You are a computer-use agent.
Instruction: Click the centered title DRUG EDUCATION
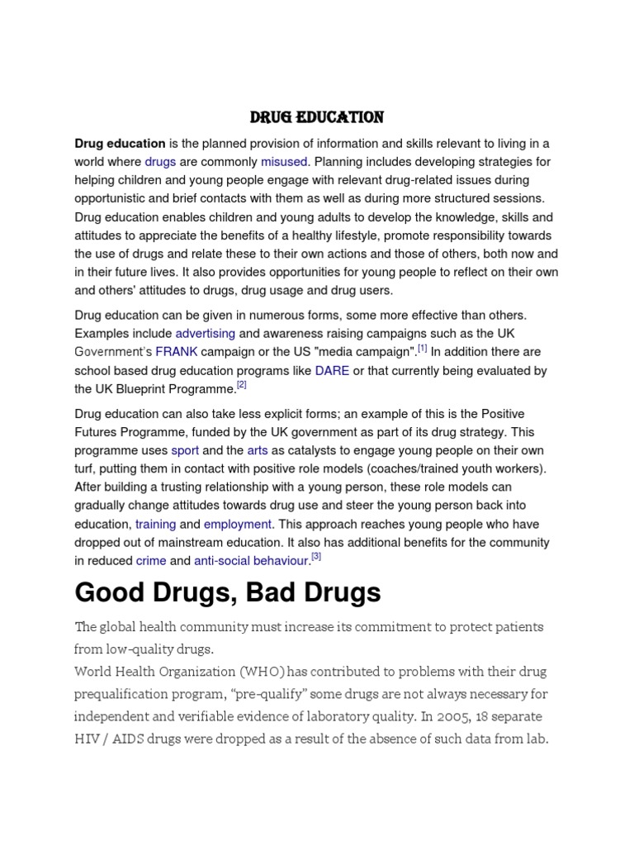[318, 117]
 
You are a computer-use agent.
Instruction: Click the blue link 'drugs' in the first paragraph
[160, 162]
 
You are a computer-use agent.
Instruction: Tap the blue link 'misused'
[284, 162]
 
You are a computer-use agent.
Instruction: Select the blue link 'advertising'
[206, 333]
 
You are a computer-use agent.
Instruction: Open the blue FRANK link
[182, 352]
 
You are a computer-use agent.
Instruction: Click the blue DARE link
[332, 371]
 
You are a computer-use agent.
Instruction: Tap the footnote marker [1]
[423, 348]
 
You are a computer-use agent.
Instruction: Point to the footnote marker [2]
[242, 385]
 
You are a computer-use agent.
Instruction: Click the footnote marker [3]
[316, 557]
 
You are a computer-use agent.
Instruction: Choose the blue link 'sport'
[185, 450]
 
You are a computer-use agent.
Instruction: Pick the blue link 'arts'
[258, 450]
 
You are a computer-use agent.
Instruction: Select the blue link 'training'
[155, 524]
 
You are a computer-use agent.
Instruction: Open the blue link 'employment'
[238, 524]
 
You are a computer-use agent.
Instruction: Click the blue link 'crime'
[151, 561]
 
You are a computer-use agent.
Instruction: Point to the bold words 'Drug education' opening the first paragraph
[120, 144]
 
